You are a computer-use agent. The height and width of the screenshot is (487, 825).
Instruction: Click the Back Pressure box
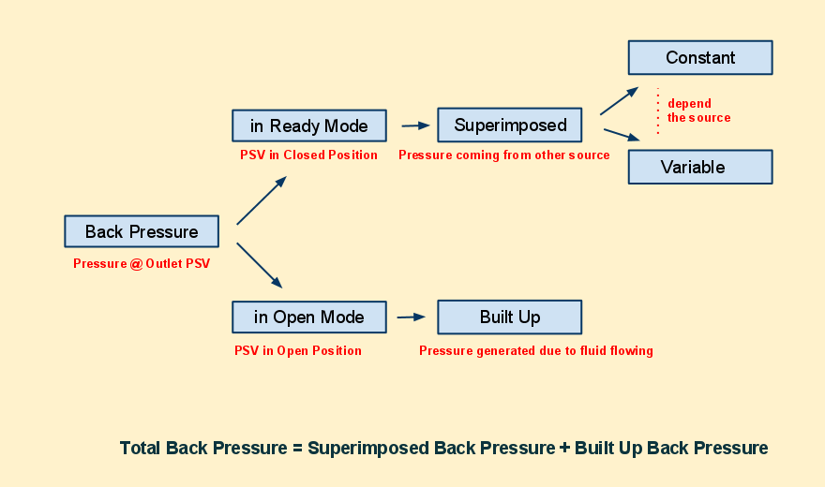point(142,231)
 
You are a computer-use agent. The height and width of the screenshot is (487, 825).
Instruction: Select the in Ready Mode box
point(309,125)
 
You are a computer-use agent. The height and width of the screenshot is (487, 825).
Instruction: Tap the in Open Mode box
point(309,317)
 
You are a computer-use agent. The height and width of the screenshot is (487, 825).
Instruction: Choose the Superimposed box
point(510,125)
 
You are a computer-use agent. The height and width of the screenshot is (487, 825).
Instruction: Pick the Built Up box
point(510,317)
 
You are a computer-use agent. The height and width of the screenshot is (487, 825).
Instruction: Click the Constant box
point(700,57)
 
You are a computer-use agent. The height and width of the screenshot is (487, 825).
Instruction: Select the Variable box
point(700,167)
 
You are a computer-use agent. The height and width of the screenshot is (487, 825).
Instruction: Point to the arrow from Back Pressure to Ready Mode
point(262,200)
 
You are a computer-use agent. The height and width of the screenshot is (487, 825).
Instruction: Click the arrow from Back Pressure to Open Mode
point(260,265)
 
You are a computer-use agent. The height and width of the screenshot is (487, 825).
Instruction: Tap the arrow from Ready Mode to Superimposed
point(415,125)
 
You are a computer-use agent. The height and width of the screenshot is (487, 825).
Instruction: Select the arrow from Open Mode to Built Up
point(412,317)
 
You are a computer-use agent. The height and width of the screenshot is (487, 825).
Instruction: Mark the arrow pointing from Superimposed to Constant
point(620,101)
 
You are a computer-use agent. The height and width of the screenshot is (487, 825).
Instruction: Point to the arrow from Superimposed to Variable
point(622,135)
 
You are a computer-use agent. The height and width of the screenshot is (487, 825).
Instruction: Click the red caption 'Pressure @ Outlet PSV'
point(142,264)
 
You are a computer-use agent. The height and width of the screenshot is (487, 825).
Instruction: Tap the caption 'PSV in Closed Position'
point(308,155)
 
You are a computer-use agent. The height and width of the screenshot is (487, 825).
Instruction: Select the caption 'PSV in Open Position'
point(298,350)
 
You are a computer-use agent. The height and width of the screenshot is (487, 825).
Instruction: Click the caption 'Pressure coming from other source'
point(504,155)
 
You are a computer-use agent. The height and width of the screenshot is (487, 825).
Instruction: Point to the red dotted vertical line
point(658,111)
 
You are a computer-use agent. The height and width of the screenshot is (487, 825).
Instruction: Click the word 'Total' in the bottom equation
point(140,448)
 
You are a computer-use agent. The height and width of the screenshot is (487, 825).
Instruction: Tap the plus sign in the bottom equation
point(564,448)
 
